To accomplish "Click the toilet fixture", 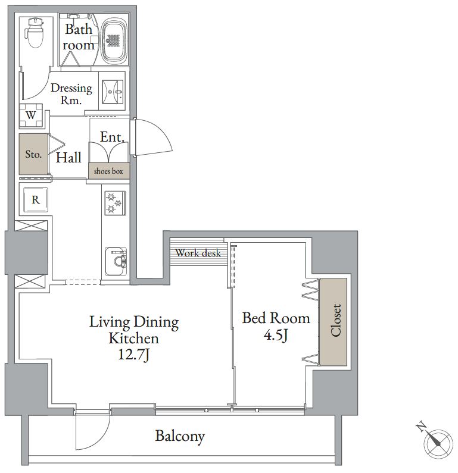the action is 35,33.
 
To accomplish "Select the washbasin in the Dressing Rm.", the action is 113,92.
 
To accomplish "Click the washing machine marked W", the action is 31,115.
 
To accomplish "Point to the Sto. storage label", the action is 33,154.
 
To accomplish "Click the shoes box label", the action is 108,171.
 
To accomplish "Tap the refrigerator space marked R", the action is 36,199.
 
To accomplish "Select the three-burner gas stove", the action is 115,203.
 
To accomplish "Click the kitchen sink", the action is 116,261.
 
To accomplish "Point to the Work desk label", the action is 198,253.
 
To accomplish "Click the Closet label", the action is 336,320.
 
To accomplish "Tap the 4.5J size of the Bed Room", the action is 276,335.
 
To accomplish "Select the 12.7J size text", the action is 134,354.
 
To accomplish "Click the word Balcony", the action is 180,436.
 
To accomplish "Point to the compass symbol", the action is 438,443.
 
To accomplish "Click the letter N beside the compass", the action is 421,427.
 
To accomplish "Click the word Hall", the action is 68,158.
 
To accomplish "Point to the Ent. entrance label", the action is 112,137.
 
